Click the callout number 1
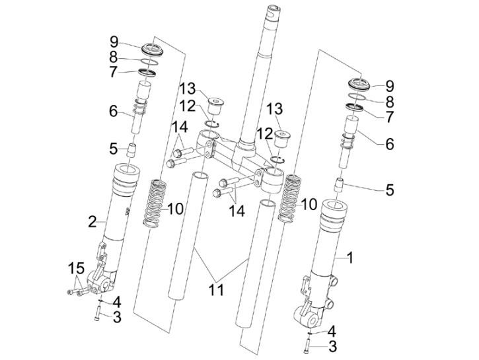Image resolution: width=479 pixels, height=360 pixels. coord(351,258)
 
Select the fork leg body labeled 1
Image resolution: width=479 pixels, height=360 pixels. coord(328,258)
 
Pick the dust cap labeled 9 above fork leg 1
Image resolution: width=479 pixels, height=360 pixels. coord(357,85)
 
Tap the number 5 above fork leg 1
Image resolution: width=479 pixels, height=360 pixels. coord(390,190)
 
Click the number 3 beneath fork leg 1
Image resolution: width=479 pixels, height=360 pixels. coord(334,345)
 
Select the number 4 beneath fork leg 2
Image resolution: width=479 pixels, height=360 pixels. coord(116,302)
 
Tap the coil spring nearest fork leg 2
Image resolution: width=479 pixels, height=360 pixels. coord(154,202)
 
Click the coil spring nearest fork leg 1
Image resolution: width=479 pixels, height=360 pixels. coord(291,200)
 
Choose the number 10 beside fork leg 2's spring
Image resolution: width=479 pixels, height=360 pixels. coord(175,209)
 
